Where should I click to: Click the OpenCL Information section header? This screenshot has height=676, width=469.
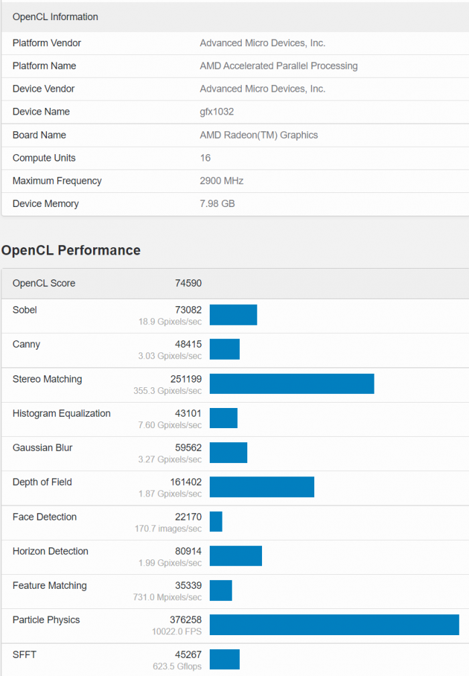[55, 17]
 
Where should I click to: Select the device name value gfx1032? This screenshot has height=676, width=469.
[216, 112]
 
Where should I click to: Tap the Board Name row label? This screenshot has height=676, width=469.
[39, 135]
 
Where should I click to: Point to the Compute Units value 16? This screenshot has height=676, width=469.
[205, 158]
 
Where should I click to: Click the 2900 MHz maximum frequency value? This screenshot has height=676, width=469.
[221, 181]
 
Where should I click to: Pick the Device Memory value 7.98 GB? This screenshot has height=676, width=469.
[217, 204]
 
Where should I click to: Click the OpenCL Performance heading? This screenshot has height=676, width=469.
[71, 251]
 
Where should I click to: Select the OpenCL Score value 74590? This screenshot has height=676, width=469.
[188, 283]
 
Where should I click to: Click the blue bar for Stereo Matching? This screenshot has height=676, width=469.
[291, 384]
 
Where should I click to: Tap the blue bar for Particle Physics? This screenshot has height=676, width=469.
[334, 624]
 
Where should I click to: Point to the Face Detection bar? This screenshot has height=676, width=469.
[216, 521]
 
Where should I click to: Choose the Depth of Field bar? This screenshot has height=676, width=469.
[261, 487]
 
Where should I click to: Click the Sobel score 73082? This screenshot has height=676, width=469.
[188, 310]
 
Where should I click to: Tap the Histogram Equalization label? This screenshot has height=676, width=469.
[62, 413]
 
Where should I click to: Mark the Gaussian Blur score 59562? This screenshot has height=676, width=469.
[188, 448]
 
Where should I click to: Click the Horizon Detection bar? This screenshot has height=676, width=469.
[235, 555]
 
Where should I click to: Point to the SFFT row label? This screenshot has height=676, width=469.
[25, 655]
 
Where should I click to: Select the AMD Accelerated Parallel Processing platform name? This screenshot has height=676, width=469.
[279, 66]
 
